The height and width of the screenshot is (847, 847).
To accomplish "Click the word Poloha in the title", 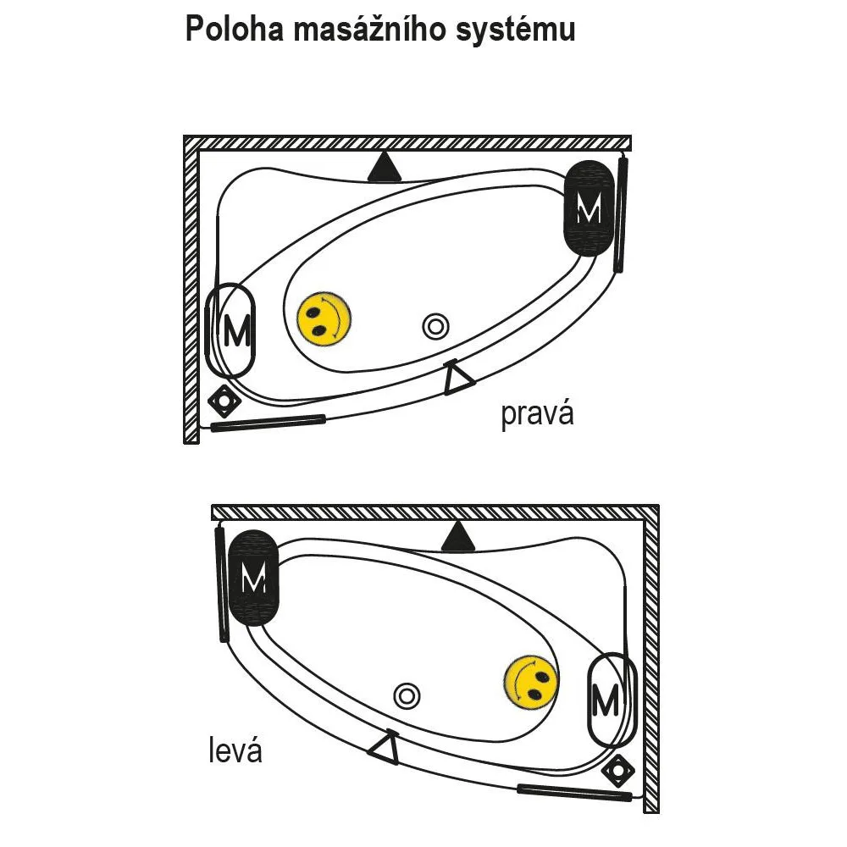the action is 234,29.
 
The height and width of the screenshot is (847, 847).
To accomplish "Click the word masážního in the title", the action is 369,29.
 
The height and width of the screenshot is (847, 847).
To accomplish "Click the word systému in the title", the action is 515,30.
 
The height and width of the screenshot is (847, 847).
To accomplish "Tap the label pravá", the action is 537,415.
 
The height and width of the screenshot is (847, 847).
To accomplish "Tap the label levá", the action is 235,750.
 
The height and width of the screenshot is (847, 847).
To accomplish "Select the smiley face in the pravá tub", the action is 324,319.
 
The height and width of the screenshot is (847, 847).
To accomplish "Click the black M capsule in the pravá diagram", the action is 590,208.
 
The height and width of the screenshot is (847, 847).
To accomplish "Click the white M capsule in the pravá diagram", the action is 230,330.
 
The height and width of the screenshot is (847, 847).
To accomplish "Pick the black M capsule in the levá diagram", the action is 253,578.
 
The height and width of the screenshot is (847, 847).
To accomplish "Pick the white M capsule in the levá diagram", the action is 612,700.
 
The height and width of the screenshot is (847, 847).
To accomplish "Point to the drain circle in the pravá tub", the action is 435,327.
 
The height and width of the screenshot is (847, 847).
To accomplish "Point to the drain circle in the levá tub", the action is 407,695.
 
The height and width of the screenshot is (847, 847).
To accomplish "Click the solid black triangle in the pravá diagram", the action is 385,168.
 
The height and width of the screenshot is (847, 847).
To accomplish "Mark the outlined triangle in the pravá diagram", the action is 457,378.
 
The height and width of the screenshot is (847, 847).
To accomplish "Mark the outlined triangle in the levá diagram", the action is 385,747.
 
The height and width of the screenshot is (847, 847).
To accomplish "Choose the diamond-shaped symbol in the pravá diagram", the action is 224,401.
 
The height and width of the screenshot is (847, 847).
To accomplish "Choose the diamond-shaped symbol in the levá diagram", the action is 618,771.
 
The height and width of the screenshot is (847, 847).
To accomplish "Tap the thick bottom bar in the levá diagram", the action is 574,792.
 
